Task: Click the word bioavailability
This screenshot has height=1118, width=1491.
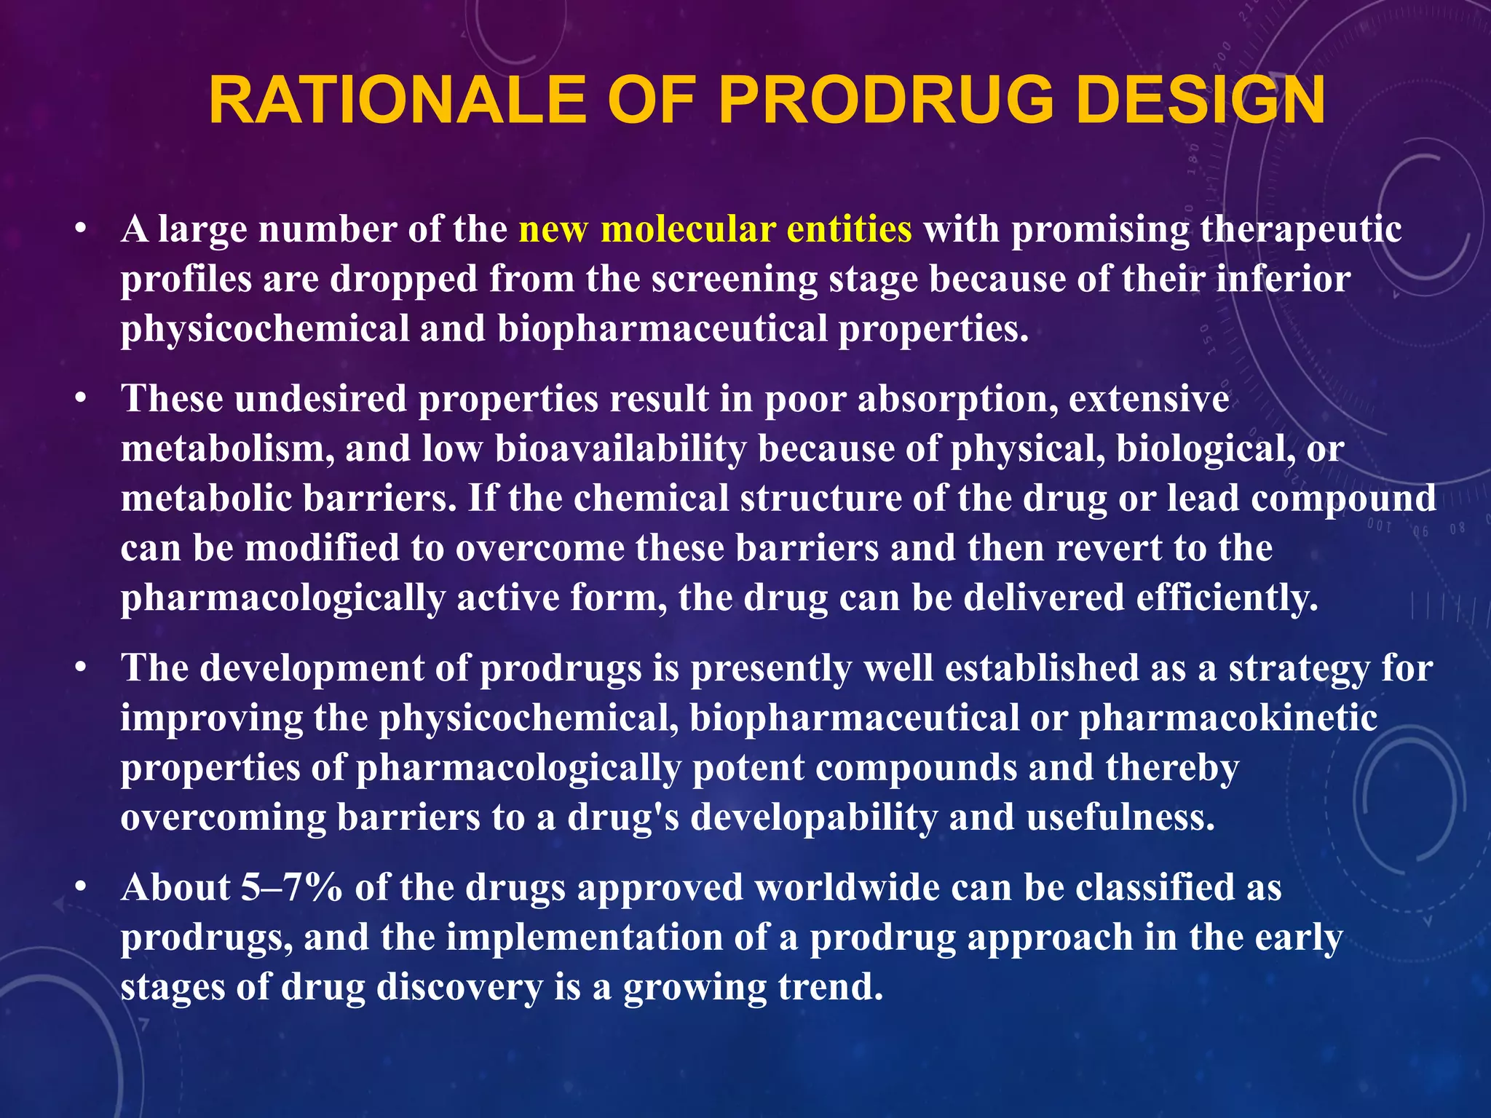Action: click(x=620, y=449)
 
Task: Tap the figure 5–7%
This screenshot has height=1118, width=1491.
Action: click(x=292, y=888)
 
